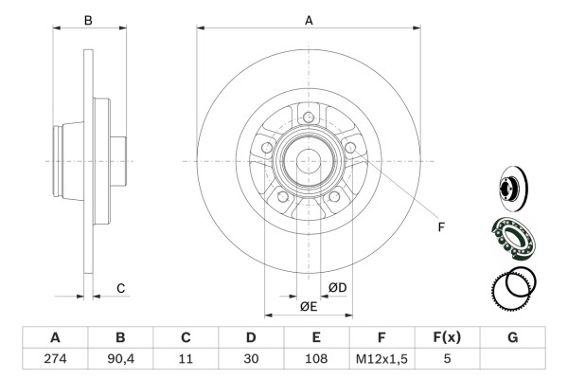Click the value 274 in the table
coord(55,360)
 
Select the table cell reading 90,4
coord(120,360)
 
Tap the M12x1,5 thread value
coord(382,360)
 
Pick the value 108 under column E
coord(316,360)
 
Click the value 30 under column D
coord(251,360)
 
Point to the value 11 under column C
coord(186,360)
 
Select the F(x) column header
coord(447,337)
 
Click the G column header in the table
coord(512,337)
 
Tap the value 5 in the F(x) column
coord(447,360)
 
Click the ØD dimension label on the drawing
coord(338,287)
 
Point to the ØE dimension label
coord(309,306)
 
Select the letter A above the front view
coord(309,19)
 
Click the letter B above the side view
coord(88,19)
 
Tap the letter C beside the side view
coord(120,288)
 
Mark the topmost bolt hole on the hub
coord(309,117)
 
